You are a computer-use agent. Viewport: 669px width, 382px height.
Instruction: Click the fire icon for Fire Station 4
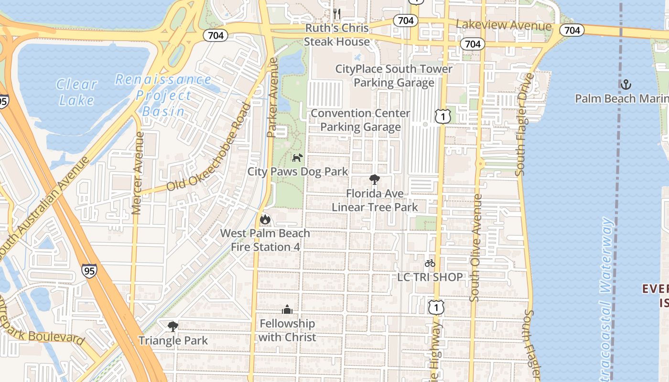tap(265, 219)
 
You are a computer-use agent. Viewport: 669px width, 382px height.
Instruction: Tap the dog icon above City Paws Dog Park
tap(297, 157)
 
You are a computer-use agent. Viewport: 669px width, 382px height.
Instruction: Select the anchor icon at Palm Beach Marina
tap(626, 85)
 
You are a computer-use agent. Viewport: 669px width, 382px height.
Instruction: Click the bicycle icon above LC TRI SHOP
tap(430, 263)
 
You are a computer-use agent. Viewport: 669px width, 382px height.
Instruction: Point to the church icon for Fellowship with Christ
tap(287, 309)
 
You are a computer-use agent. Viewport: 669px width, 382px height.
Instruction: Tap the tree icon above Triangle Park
tap(173, 327)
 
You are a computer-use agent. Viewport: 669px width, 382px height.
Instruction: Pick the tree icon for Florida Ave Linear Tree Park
tap(375, 180)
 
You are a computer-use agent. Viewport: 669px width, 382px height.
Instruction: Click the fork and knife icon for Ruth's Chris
tap(337, 13)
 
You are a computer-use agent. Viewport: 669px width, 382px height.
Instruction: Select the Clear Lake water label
tap(76, 92)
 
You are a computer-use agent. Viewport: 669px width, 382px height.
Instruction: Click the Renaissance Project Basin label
tap(162, 95)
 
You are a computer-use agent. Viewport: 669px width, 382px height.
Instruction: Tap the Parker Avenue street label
tap(272, 98)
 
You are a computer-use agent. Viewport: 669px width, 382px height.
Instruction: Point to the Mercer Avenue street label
tap(137, 173)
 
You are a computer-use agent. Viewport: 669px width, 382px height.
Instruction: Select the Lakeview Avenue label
tap(504, 25)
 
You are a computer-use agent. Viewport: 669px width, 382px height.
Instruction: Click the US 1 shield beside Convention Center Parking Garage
tap(442, 116)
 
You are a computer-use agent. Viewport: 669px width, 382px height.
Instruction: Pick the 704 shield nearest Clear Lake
tap(216, 36)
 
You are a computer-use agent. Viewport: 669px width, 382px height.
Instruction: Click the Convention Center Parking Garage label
tap(360, 120)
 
